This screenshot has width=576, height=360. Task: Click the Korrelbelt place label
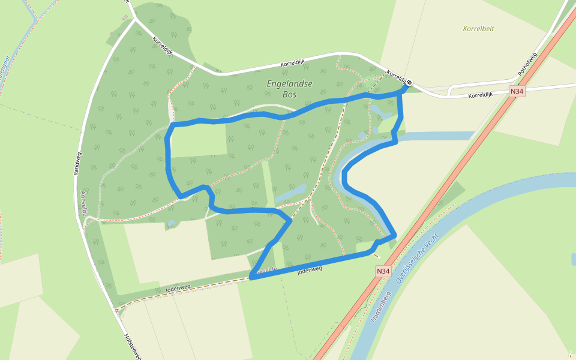(478, 28)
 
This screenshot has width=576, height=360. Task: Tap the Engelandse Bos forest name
(290, 89)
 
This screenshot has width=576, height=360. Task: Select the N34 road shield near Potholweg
(517, 91)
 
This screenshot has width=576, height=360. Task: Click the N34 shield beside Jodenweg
(384, 271)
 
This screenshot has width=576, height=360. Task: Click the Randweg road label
(77, 163)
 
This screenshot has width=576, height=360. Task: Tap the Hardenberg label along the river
(380, 306)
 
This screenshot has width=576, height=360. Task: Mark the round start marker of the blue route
(409, 82)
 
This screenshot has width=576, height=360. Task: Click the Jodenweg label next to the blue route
(310, 271)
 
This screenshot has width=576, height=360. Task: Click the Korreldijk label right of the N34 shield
(480, 95)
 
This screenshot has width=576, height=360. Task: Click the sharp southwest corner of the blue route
(251, 278)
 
